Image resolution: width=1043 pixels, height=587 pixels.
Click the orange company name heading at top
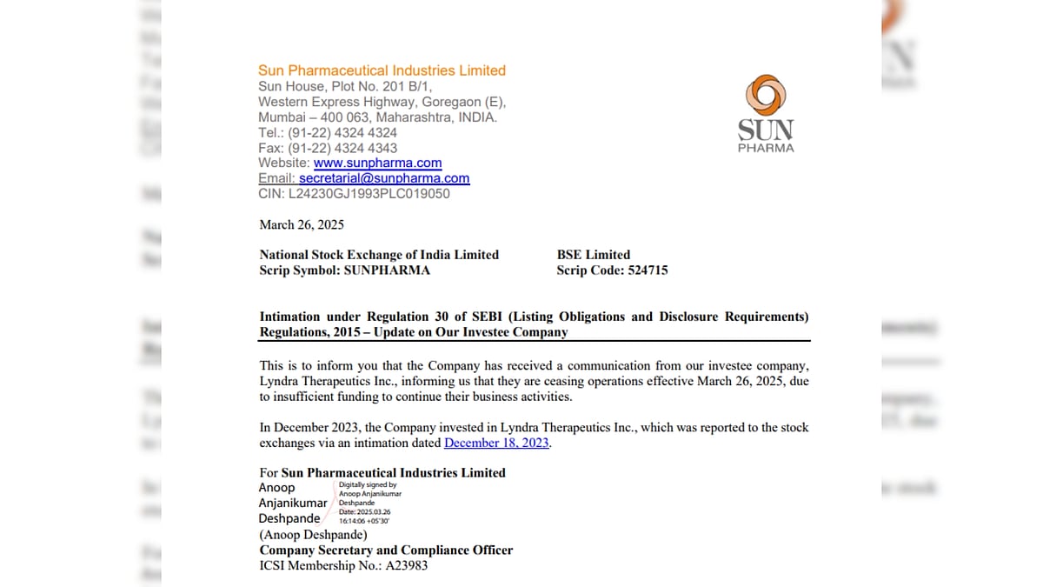coord(382,70)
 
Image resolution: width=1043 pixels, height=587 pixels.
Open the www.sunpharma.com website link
coord(377,163)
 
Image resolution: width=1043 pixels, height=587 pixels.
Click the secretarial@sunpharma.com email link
coord(384,178)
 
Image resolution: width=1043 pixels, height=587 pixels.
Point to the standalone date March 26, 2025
coord(302,224)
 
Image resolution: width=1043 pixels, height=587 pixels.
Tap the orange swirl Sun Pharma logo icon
coord(766,96)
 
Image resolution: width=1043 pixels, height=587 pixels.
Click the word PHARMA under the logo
coord(766,148)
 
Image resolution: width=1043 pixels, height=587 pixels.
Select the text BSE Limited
coord(594,255)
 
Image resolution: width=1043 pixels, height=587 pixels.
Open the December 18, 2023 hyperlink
coord(497,443)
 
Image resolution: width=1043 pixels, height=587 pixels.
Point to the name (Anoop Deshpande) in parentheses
coord(313,535)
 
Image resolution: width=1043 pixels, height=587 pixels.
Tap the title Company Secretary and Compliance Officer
coord(386,550)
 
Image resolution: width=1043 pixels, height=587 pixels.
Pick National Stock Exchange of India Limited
coord(379,255)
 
